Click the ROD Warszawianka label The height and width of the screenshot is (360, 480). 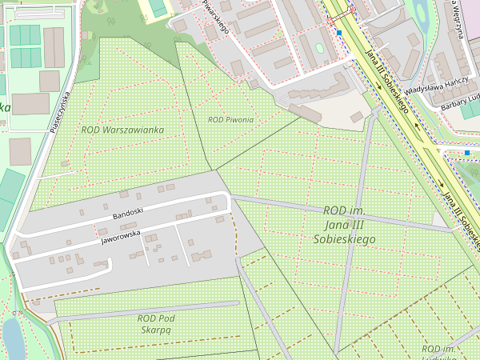coord(122,130)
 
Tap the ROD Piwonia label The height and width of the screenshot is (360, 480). coord(230,119)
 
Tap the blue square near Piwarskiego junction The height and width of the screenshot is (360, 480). coord(339,33)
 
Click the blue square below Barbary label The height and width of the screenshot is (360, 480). coord(467,152)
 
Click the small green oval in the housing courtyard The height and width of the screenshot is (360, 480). coord(320,49)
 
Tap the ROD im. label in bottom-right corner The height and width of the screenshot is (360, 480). coord(439,350)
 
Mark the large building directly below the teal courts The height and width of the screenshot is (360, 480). coord(30,103)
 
